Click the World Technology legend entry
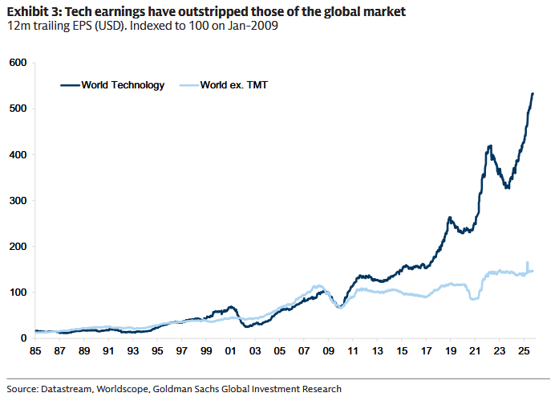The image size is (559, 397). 122,84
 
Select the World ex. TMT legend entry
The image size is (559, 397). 233,84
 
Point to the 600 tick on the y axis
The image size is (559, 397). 17,63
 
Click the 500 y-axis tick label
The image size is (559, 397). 17,108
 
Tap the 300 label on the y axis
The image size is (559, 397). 17,200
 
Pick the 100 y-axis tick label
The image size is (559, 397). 17,293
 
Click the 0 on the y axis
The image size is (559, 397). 23,338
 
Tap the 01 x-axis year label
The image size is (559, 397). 231,352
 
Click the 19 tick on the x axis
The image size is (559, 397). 450,352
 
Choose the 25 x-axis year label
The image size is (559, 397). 523,352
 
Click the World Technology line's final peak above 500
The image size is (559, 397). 533,94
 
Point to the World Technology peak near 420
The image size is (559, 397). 489,146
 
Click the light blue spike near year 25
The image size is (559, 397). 527,263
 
